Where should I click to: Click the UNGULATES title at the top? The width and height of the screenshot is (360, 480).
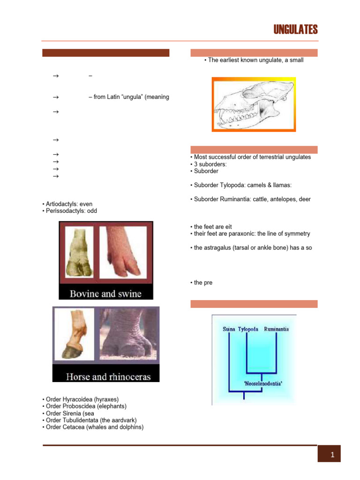click(x=296, y=30)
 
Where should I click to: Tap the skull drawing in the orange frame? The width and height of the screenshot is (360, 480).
click(x=254, y=104)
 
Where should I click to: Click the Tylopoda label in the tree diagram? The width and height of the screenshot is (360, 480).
click(x=248, y=329)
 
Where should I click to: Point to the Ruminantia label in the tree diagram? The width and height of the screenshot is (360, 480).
click(x=276, y=329)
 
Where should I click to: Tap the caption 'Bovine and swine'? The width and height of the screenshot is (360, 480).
click(x=105, y=294)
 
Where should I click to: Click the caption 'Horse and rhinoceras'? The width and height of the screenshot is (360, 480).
click(x=105, y=376)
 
